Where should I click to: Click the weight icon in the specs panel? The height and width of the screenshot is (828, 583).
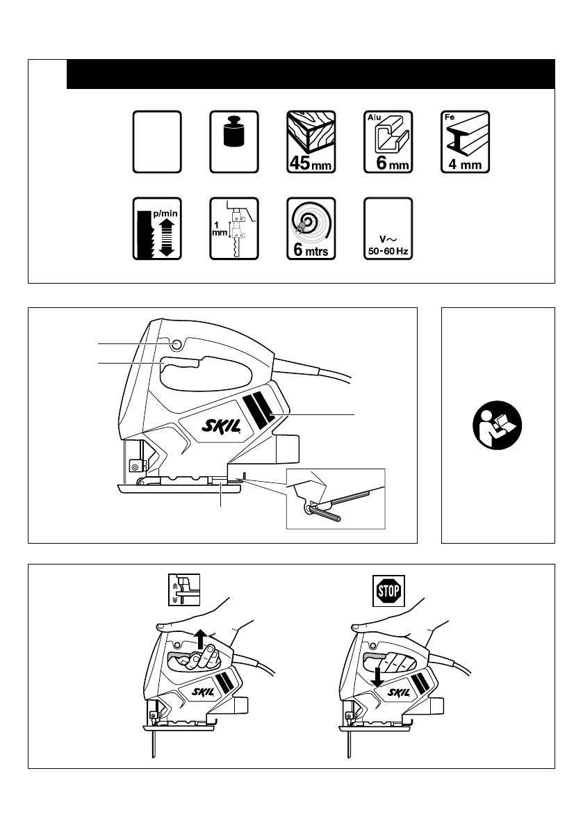233,142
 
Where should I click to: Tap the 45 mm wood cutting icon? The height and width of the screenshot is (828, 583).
311,142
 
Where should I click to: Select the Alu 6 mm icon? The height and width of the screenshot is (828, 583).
388,142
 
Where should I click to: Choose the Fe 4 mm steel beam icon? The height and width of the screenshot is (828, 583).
466,142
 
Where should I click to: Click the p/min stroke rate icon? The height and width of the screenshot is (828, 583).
156,229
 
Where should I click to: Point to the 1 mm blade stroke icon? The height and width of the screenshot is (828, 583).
233,229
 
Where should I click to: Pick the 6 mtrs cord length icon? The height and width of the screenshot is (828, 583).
311,229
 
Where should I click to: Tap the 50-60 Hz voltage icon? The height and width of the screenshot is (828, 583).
388,229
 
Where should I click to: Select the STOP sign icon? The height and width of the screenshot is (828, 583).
390,592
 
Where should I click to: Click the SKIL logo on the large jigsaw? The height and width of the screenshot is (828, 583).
220,425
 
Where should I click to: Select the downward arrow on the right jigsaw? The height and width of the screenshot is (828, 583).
377,676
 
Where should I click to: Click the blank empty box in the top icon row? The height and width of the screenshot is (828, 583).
156,142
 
